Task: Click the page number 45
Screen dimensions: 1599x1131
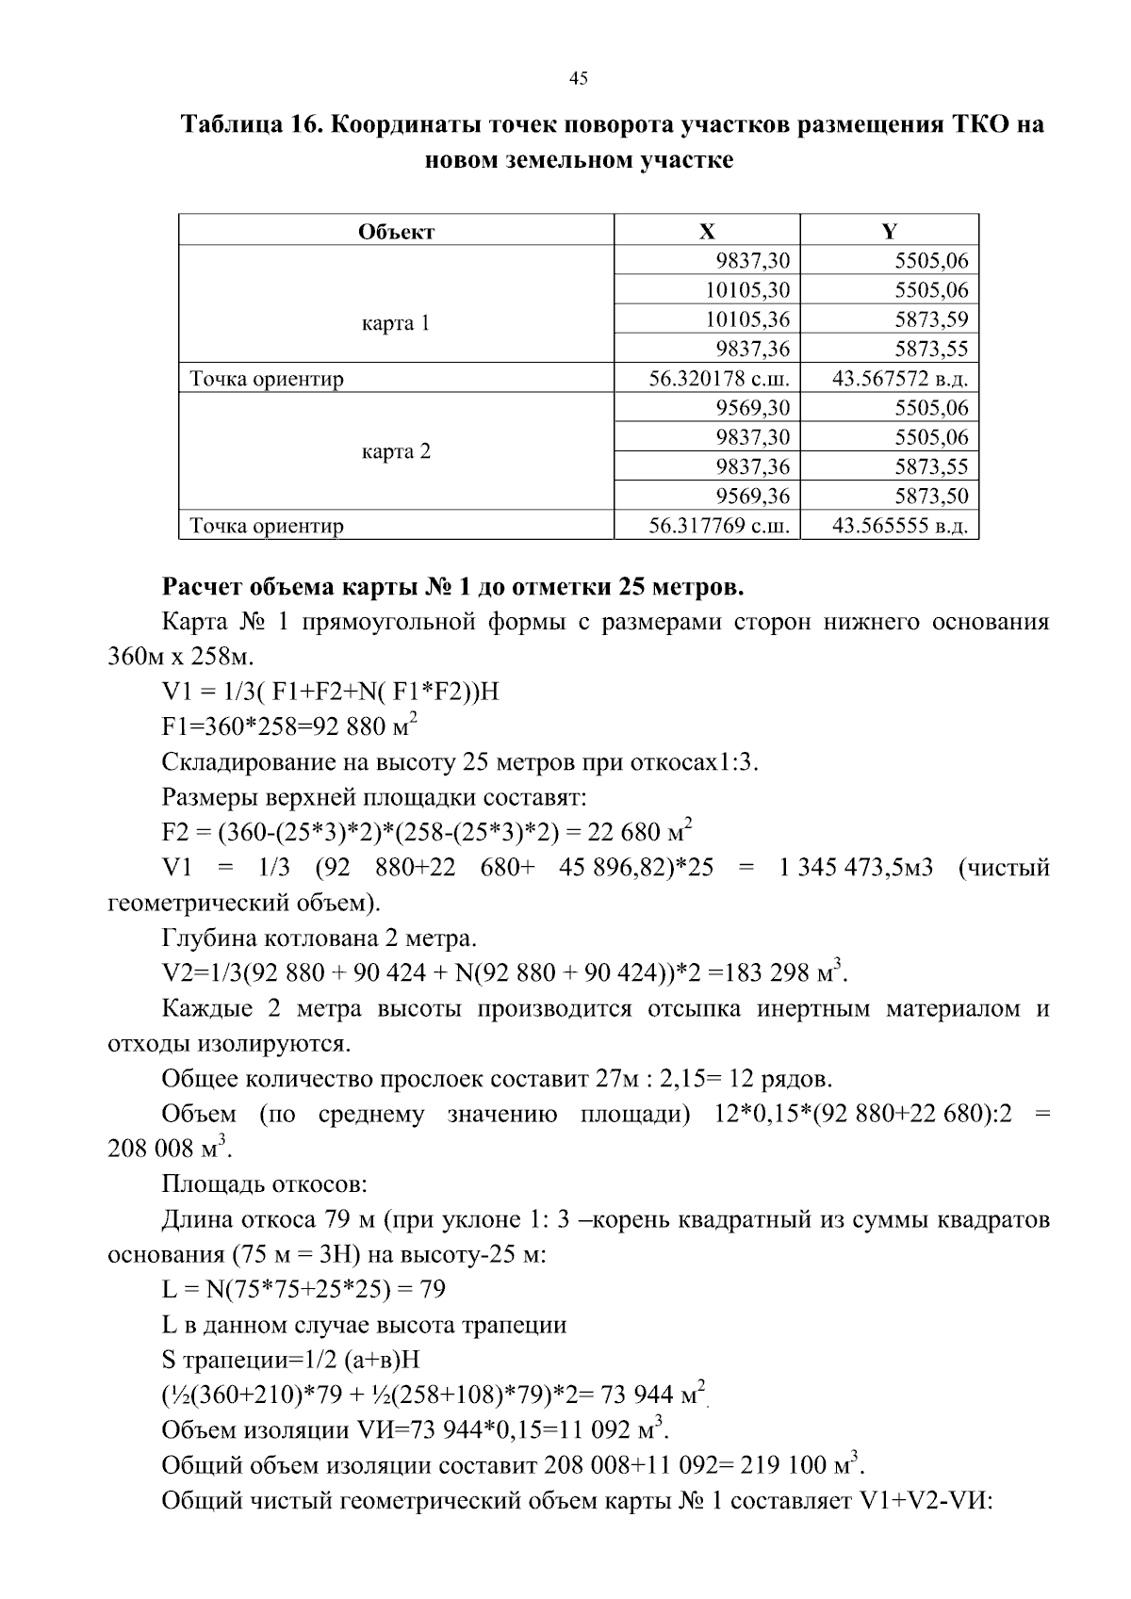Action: (579, 79)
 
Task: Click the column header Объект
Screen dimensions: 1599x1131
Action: (397, 231)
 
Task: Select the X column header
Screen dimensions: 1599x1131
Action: (707, 231)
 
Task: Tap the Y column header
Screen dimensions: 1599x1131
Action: (889, 231)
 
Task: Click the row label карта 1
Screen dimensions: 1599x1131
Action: (397, 323)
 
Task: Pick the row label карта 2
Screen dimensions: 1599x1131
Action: (397, 451)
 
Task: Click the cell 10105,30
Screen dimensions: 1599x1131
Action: (747, 290)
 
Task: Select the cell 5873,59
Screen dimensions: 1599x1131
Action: (931, 319)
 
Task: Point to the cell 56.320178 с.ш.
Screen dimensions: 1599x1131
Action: (718, 379)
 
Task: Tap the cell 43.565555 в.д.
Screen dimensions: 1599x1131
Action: (900, 526)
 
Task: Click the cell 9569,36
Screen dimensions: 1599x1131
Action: (752, 497)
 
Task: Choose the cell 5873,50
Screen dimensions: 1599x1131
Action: (931, 497)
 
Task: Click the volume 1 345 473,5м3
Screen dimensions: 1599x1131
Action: (855, 867)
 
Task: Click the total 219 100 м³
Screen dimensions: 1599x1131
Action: (797, 1466)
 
